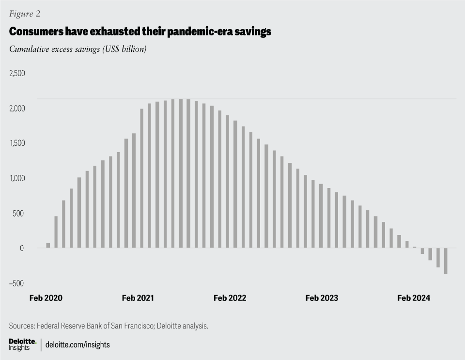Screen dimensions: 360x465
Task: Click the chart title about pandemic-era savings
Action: [140, 32]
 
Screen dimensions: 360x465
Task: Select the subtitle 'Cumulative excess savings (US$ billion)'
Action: [78, 49]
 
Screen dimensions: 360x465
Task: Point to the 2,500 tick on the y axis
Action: [17, 73]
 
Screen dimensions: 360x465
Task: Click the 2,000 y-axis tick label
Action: [17, 108]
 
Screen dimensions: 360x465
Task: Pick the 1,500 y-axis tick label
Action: [17, 143]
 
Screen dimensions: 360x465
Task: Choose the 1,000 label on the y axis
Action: [17, 178]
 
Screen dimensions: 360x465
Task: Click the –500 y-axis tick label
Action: [16, 283]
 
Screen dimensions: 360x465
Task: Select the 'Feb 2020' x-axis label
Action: [46, 298]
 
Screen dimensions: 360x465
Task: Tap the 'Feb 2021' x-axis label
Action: [138, 298]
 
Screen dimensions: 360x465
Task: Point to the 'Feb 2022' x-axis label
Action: [230, 298]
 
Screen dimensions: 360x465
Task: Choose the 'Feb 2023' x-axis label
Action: [322, 298]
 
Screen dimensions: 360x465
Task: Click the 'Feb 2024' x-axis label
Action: [414, 298]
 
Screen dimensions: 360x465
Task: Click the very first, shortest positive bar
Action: [48, 246]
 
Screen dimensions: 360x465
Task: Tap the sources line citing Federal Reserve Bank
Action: [108, 326]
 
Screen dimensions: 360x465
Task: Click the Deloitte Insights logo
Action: [22, 344]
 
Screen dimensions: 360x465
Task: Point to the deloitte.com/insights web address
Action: [78, 345]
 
